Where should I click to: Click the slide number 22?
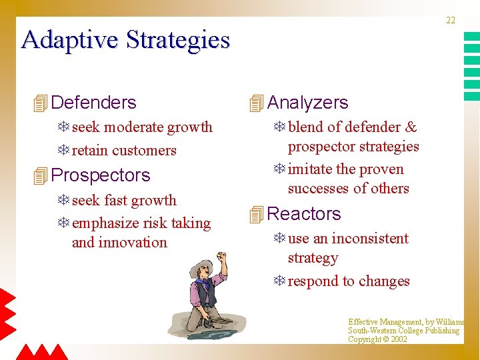click(451, 21)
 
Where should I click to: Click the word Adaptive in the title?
click(70, 40)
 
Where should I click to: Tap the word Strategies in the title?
click(177, 40)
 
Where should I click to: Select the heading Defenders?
click(93, 103)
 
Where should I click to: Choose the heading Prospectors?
click(101, 175)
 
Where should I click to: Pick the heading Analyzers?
click(307, 103)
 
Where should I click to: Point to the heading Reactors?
click(303, 214)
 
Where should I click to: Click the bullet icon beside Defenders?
click(40, 103)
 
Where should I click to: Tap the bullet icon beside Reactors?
click(256, 215)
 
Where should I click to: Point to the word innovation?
click(131, 243)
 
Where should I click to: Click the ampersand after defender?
click(411, 127)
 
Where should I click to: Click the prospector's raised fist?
click(223, 257)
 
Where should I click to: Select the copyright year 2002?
click(399, 339)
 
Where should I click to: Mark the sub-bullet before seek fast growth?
click(64, 201)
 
